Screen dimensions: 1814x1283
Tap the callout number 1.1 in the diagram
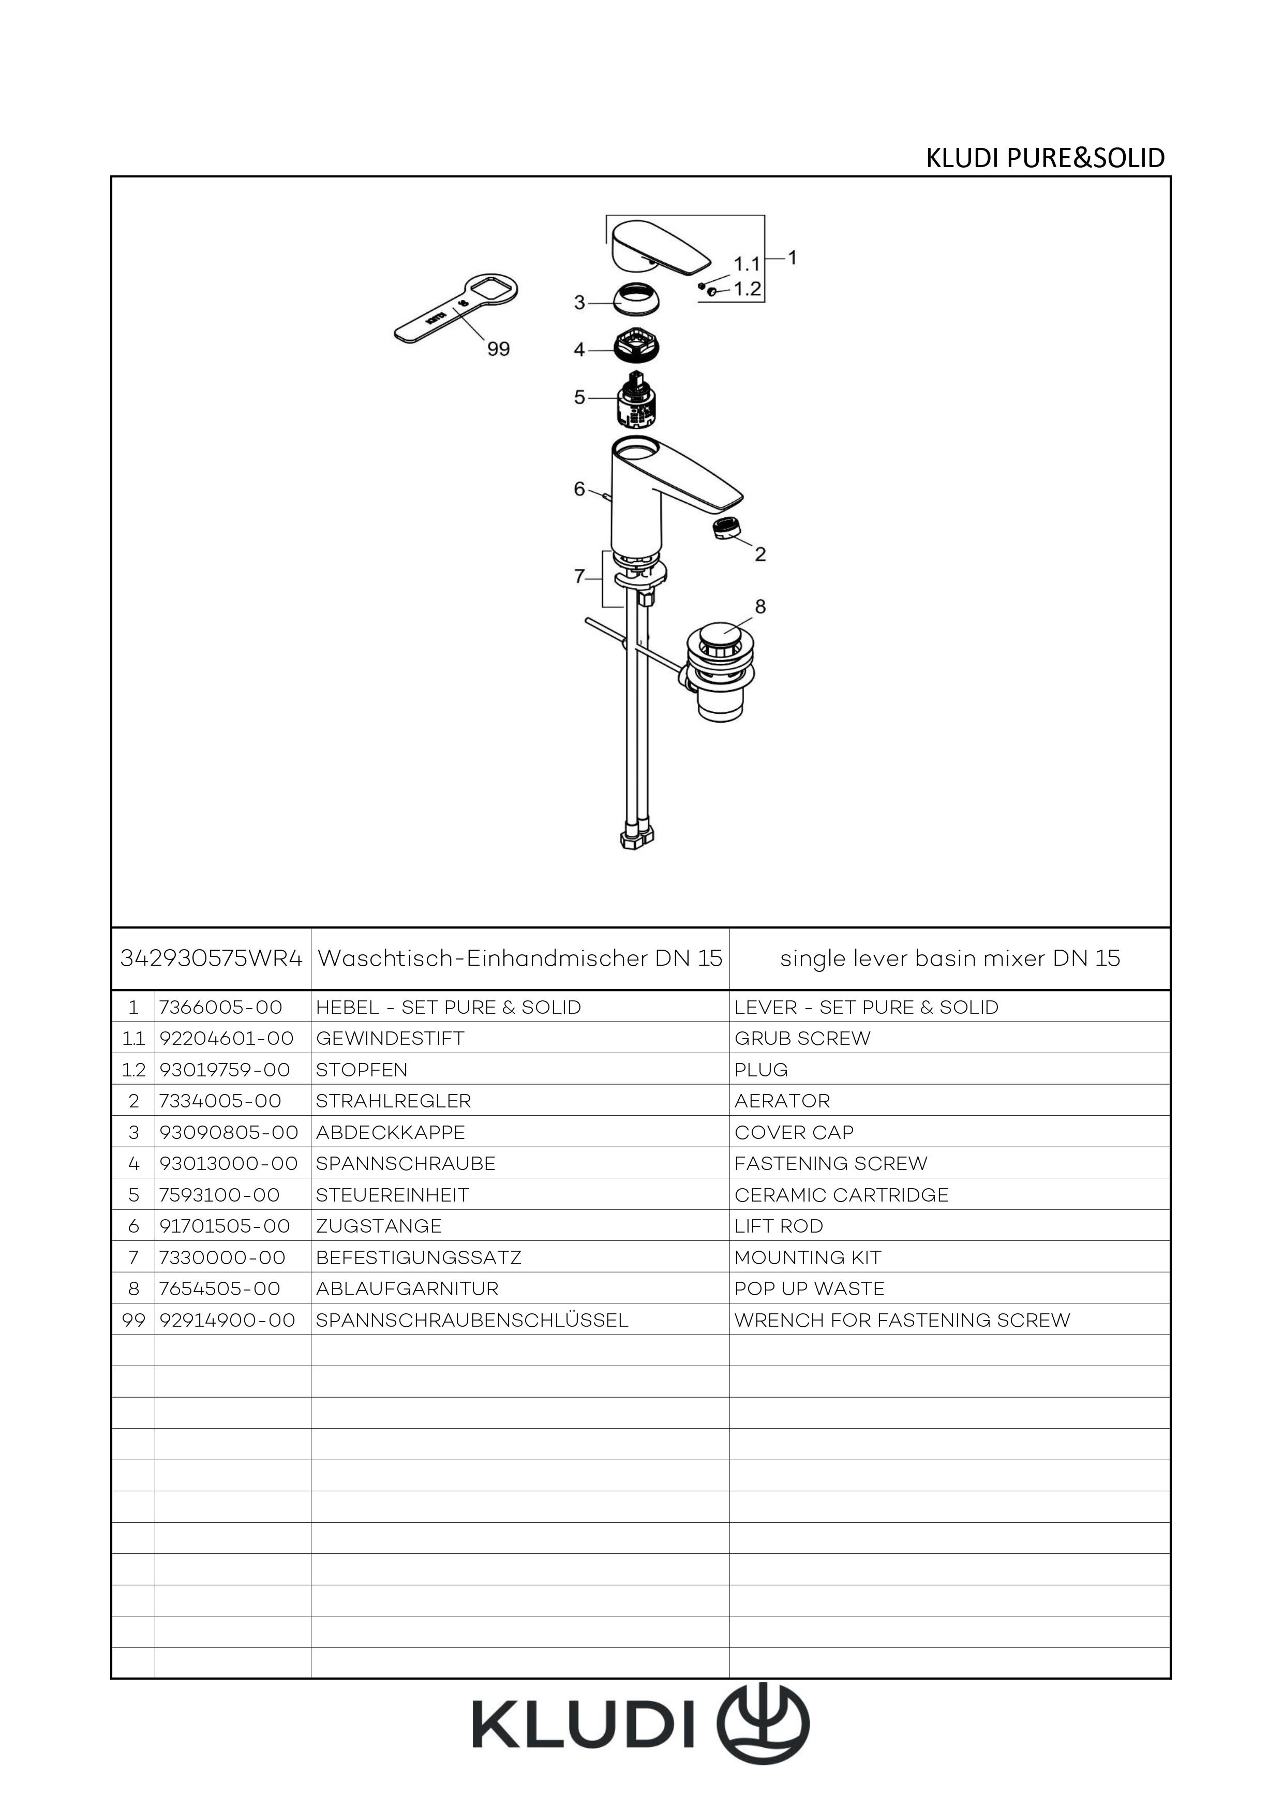(x=747, y=263)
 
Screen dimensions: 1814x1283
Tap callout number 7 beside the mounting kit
(x=579, y=577)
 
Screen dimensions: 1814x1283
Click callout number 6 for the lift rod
(x=579, y=490)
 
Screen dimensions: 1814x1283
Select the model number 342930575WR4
(x=211, y=958)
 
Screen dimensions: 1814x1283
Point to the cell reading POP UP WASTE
(x=809, y=1288)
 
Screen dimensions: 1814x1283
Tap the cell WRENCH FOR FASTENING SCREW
(x=901, y=1320)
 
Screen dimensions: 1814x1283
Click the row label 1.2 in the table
(x=133, y=1070)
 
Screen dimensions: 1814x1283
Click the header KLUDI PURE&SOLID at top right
(x=1045, y=158)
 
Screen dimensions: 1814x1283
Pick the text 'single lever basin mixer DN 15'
(x=950, y=958)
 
